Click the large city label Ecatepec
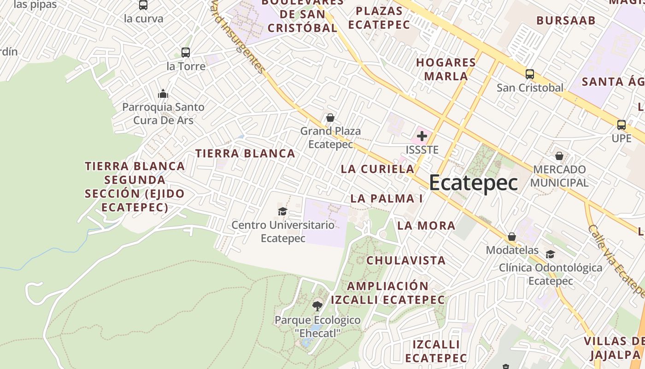pos(473,183)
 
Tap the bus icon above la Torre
pos(186,53)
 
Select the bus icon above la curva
pos(143,5)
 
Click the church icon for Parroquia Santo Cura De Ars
pos(163,94)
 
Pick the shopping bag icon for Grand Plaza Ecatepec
pos(330,118)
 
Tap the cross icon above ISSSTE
pos(422,136)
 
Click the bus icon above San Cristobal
pos(530,74)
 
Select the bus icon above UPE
pos(622,125)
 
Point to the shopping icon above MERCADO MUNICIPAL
pos(559,156)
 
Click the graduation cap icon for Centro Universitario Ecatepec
pos(282,211)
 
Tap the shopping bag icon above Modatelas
pos(512,237)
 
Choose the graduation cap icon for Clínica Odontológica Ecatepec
pos(550,254)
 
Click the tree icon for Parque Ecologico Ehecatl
pos(317,306)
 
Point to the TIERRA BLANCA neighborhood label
pos(245,154)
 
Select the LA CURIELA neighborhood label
pos(378,169)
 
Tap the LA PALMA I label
pos(387,198)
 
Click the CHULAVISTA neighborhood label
pos(406,260)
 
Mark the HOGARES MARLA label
pos(446,69)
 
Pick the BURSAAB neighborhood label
pos(566,20)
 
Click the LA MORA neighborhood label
pos(426,226)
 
